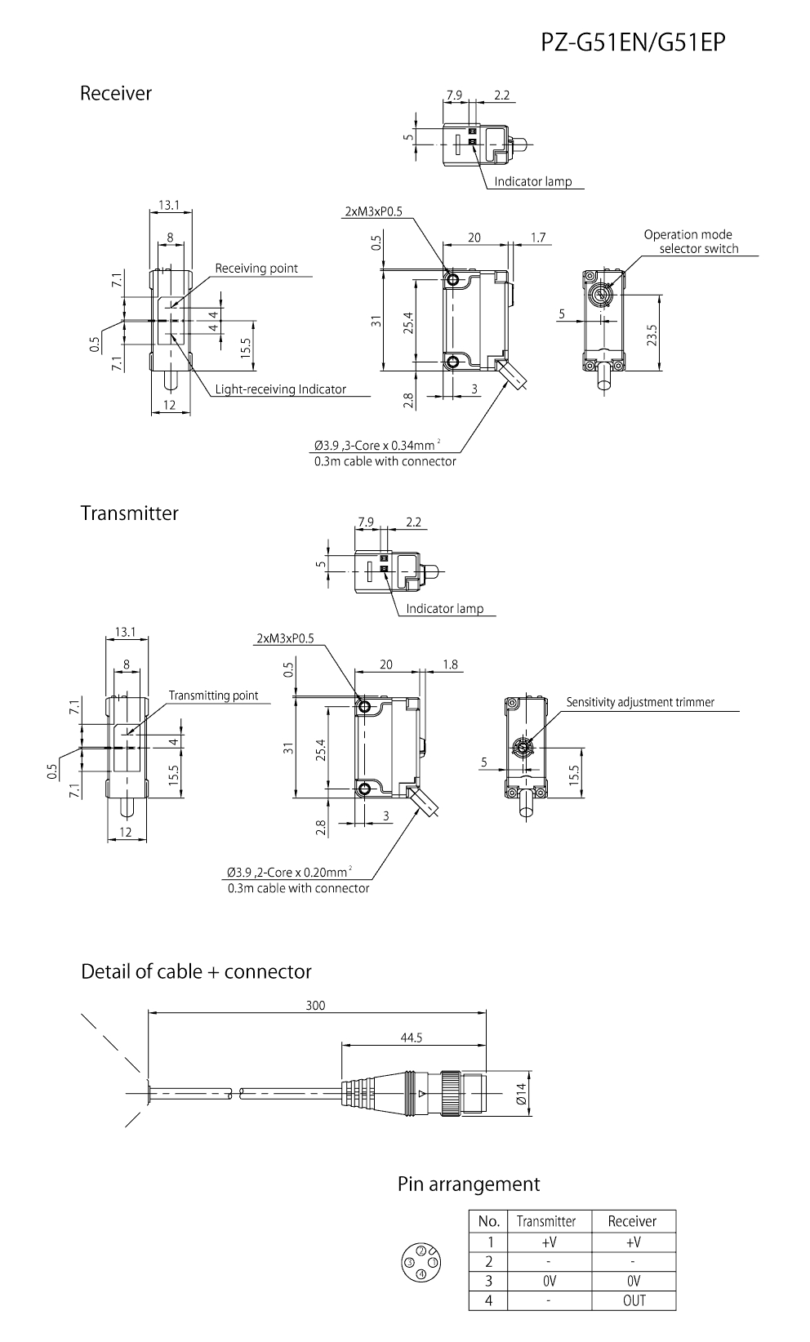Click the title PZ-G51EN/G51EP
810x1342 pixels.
632,42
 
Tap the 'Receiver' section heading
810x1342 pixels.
116,93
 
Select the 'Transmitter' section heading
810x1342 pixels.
129,513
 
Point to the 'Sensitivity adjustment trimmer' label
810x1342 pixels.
640,702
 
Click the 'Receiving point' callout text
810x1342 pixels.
256,269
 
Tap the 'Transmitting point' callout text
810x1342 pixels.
213,695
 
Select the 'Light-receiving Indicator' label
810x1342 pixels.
280,389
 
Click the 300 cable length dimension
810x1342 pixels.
315,1006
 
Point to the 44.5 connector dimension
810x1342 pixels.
412,1038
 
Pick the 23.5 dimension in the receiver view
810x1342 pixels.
651,335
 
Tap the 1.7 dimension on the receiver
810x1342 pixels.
538,238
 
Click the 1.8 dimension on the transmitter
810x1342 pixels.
450,664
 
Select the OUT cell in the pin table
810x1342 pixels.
634,1300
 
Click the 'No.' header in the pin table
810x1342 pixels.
488,1221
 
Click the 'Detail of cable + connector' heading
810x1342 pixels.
196,971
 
